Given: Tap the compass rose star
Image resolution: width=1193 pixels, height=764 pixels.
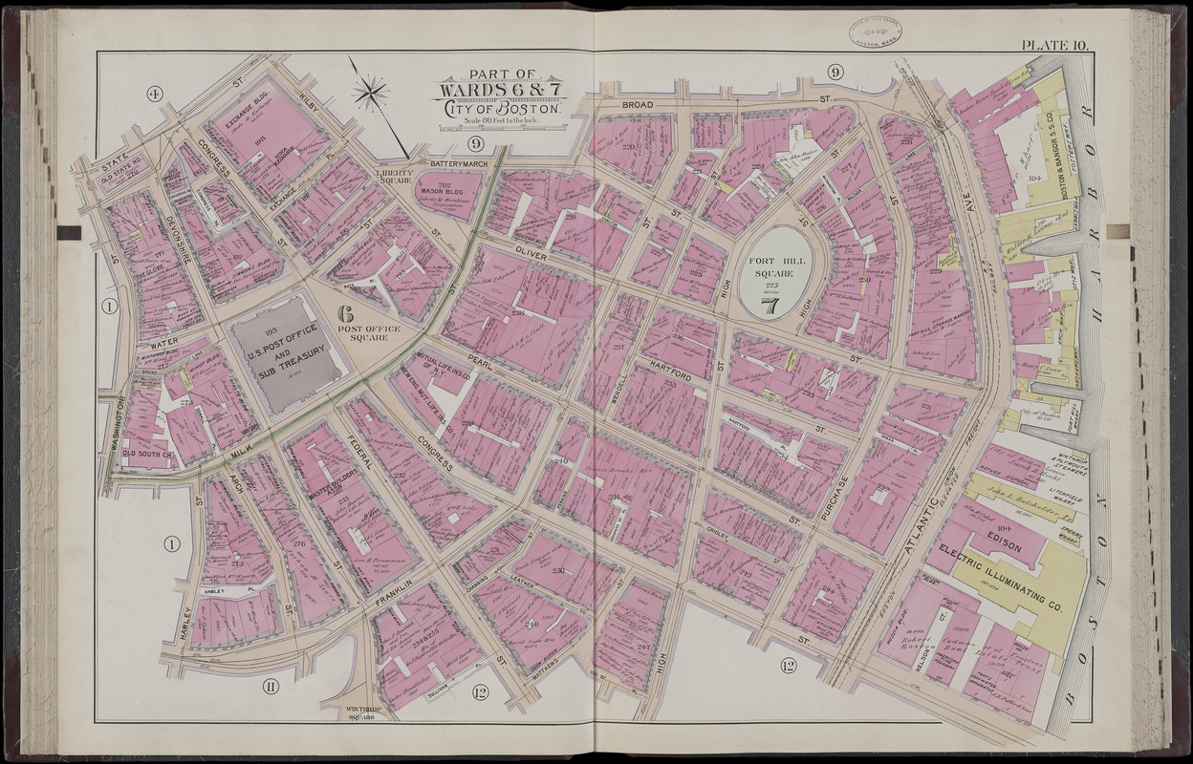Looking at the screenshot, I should [x=370, y=93].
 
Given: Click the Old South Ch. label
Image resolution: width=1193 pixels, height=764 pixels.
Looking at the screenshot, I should [x=145, y=454].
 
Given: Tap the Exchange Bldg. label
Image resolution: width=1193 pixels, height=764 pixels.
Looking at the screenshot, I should [x=250, y=126].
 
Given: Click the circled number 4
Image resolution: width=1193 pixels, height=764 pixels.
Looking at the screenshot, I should [x=153, y=94].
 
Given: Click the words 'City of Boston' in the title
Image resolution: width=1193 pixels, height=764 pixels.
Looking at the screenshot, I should [x=501, y=107].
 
